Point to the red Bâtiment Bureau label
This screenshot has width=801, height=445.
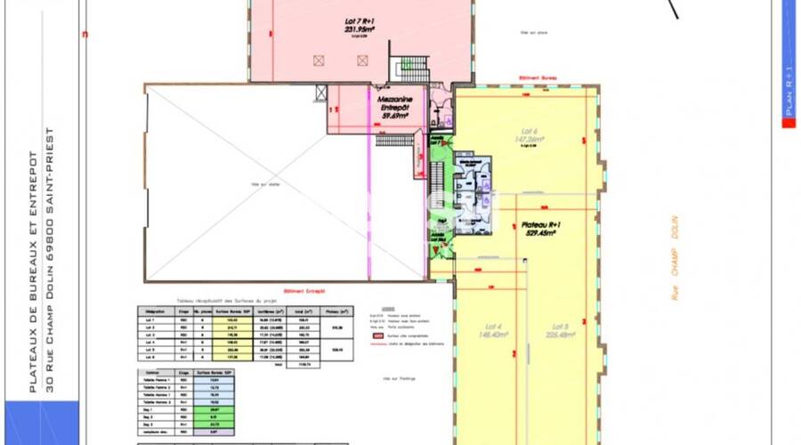(x=539, y=79)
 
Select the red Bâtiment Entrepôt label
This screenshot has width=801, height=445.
(x=303, y=290)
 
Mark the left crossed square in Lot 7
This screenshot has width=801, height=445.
(x=318, y=60)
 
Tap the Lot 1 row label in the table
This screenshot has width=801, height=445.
(x=149, y=318)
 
